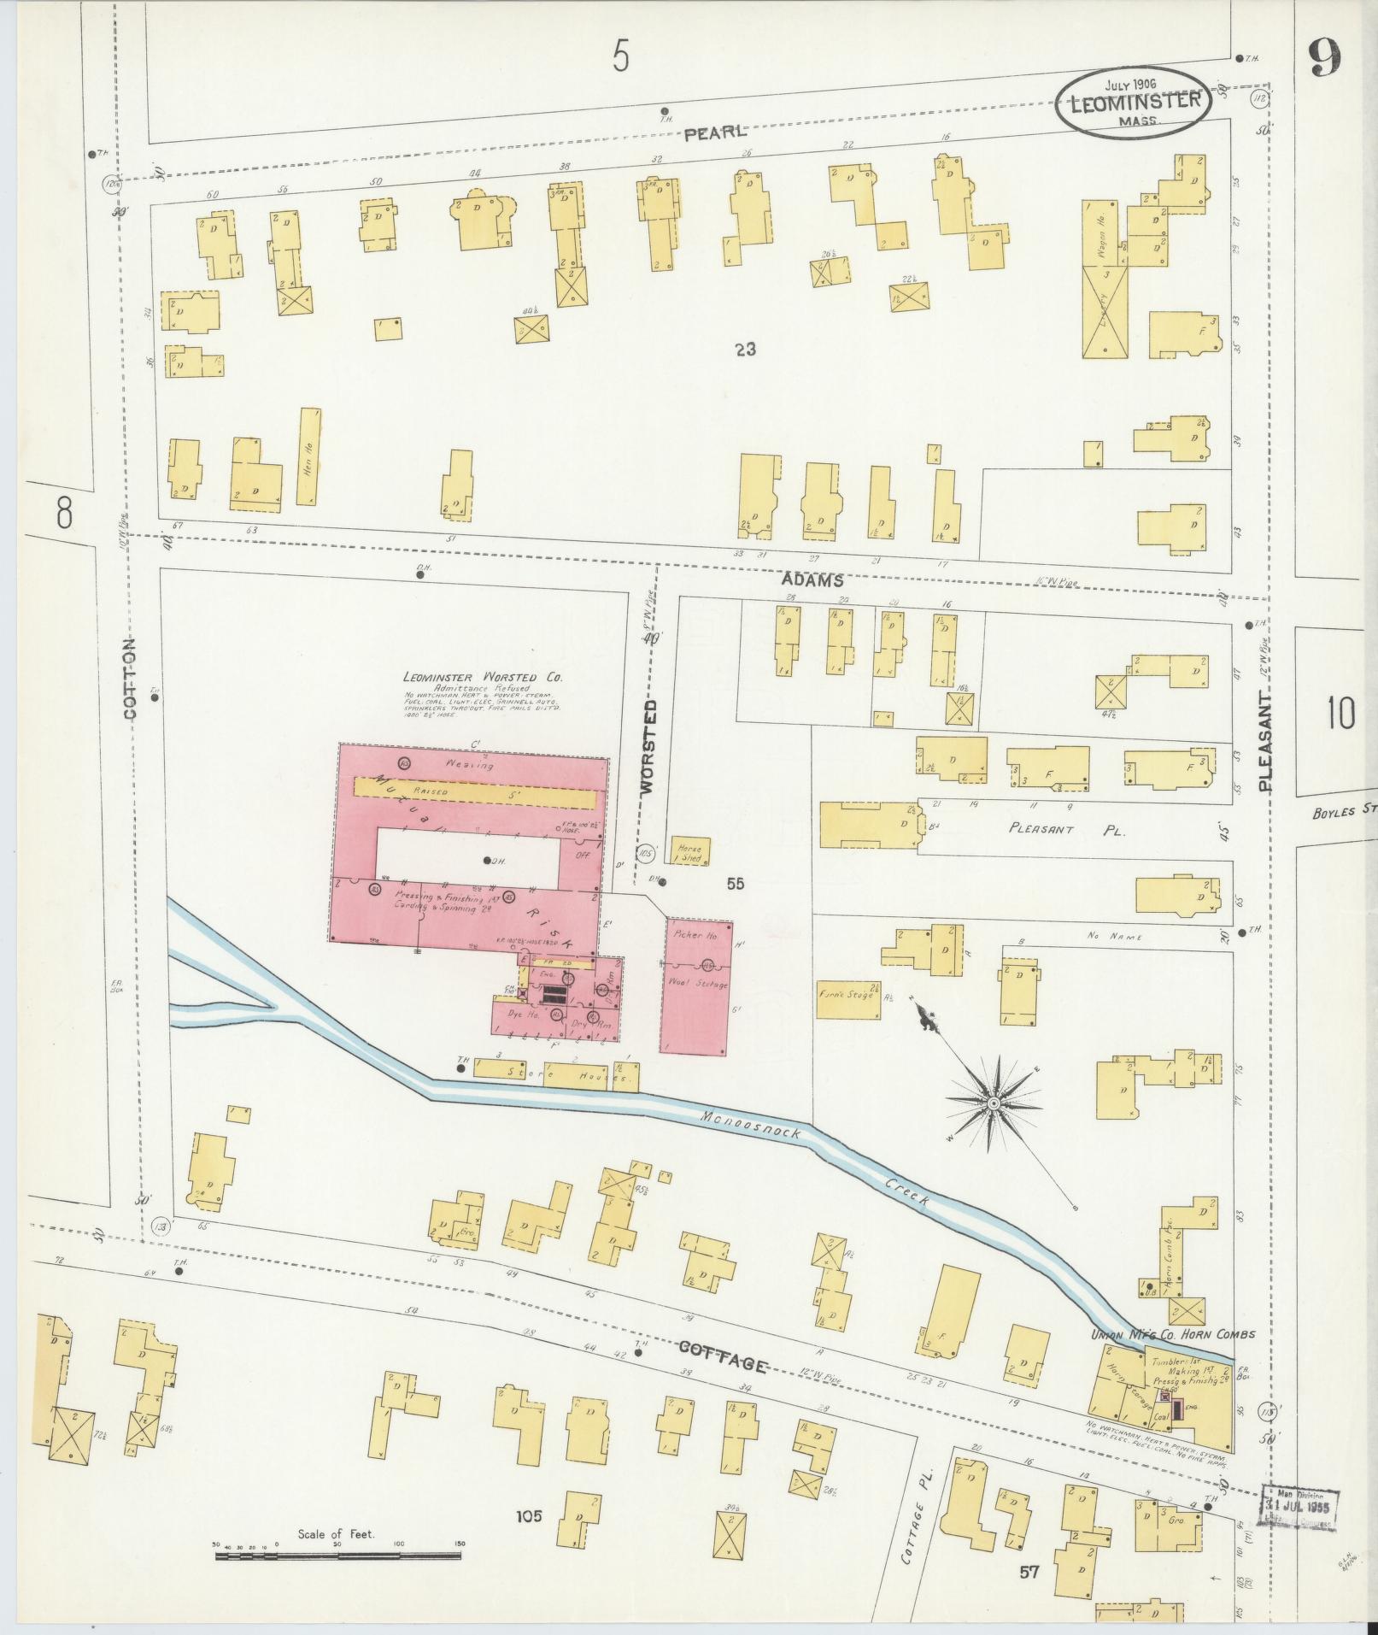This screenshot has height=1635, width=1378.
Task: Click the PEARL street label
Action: tap(715, 132)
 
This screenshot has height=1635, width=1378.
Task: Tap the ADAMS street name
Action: tap(812, 580)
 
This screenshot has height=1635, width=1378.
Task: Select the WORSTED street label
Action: tap(650, 748)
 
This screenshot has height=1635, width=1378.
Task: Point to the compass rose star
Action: tap(994, 1105)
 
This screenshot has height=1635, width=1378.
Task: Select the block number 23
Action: tap(745, 349)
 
